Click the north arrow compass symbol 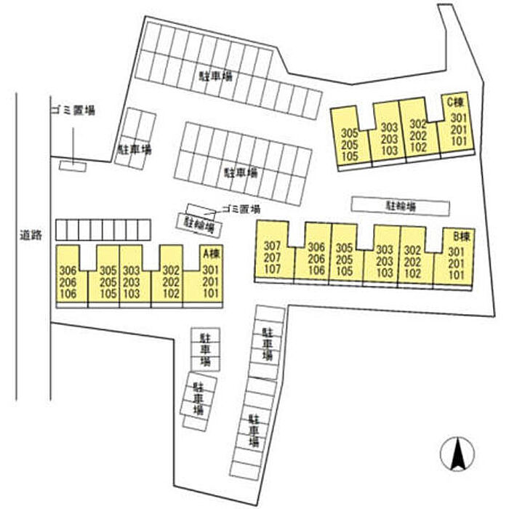457,454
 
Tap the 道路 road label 31,235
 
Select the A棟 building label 212,253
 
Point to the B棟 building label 461,236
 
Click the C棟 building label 455,103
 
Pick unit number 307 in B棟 272,246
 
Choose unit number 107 272,269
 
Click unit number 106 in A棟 68,294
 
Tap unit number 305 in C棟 350,133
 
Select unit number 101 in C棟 459,141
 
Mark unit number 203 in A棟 131,282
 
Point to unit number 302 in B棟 412,250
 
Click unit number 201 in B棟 456,263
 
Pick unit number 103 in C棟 389,151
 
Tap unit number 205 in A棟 108,282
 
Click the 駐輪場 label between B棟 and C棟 401,207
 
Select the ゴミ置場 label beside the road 73,111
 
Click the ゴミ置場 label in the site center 241,209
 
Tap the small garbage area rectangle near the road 73,166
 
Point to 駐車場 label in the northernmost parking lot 216,76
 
